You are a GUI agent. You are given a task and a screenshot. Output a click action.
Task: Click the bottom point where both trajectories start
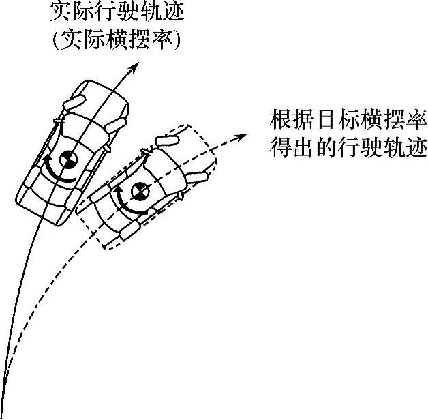(x=4, y=409)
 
